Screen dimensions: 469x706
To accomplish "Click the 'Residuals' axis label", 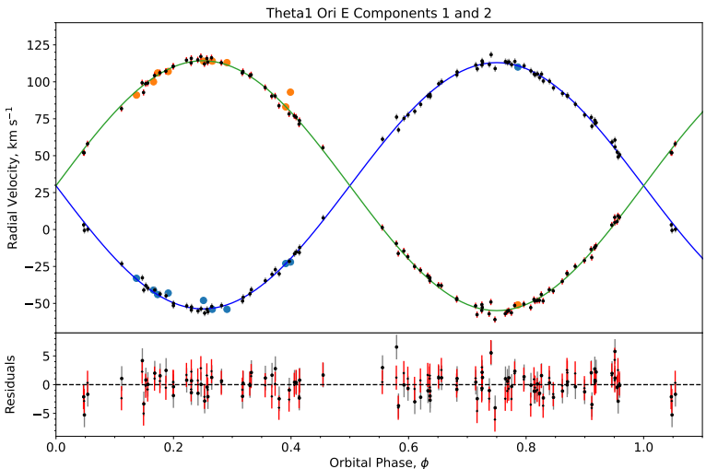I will coord(13,384).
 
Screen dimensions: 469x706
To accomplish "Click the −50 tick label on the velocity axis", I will coord(35,303).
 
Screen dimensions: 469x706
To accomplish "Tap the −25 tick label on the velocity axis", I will coord(35,266).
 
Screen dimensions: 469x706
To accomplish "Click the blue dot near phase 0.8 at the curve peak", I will coord(518,67).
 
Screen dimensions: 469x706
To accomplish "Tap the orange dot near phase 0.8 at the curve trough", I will coord(518,305).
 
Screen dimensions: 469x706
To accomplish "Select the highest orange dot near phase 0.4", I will coord(290,92).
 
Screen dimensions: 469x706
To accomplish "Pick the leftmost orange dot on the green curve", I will coord(136,95).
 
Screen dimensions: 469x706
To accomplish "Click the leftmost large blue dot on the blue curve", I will coord(136,278).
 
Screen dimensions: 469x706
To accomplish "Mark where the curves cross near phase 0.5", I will coord(350,185).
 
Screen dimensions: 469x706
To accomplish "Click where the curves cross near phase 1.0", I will coord(643,185).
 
